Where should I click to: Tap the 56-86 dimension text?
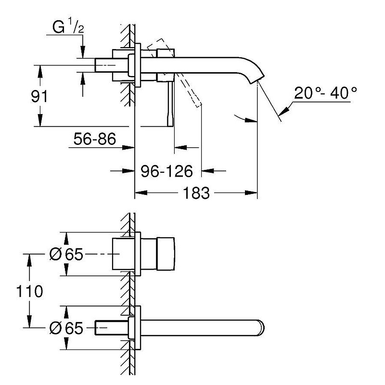(95, 140)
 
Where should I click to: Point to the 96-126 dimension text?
(167, 170)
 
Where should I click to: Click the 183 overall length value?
(197, 193)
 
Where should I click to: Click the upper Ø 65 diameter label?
(67, 254)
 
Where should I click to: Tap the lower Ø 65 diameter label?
(67, 329)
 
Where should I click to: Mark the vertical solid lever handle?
(170, 103)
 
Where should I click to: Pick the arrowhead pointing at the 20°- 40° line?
(285, 110)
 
